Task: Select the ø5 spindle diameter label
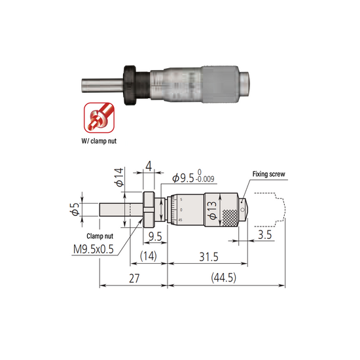coord(77,211)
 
